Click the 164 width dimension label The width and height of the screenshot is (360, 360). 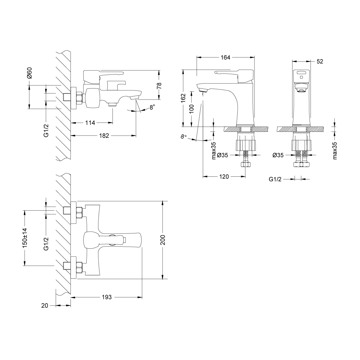click(x=225, y=58)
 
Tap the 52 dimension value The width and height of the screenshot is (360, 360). click(x=319, y=61)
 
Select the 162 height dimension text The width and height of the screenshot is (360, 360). click(x=183, y=98)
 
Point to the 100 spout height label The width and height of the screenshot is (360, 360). click(x=191, y=109)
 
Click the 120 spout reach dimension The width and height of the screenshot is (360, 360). click(x=224, y=176)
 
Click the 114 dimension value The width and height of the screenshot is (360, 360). click(x=90, y=123)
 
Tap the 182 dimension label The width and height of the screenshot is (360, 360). click(x=104, y=136)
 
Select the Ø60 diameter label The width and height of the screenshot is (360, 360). click(x=29, y=73)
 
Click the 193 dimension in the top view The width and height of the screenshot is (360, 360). click(x=107, y=297)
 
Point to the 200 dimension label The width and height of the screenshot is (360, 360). click(x=163, y=240)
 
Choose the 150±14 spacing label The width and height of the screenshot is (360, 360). click(x=25, y=238)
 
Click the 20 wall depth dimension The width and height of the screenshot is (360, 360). click(x=45, y=305)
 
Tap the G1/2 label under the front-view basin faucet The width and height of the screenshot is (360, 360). click(x=275, y=179)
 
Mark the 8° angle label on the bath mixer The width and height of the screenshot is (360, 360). click(x=152, y=107)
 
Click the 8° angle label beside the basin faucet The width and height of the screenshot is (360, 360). click(x=184, y=137)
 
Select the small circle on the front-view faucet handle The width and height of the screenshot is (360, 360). click(x=301, y=77)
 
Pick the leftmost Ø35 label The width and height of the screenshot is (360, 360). click(x=223, y=155)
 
